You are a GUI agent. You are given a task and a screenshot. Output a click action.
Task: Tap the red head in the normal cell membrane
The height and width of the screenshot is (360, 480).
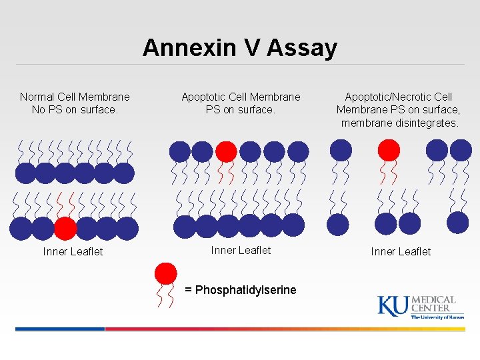(x=65, y=229)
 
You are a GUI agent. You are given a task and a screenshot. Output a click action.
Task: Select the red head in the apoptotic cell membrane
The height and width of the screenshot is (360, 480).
(x=226, y=151)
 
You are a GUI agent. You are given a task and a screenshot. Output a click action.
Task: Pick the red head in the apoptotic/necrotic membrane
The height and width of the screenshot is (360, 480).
(x=389, y=149)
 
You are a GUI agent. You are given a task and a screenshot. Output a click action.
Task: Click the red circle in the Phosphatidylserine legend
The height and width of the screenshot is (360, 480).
(x=165, y=273)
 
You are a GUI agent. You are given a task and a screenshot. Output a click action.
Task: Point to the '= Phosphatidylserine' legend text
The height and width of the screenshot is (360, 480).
(x=241, y=290)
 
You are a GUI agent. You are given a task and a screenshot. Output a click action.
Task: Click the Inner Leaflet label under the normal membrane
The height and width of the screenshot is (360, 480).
(x=73, y=251)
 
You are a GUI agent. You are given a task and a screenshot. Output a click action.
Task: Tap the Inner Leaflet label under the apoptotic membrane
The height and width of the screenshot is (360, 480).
(x=241, y=250)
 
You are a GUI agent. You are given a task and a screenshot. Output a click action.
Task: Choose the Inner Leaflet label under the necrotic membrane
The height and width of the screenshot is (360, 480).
(x=401, y=251)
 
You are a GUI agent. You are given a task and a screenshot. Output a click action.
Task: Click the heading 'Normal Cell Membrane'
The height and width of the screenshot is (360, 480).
(x=75, y=97)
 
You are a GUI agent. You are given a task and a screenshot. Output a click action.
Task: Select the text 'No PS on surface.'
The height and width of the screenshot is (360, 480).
(x=75, y=109)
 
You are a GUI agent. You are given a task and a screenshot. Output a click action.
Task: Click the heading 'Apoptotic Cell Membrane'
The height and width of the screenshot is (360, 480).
(x=241, y=97)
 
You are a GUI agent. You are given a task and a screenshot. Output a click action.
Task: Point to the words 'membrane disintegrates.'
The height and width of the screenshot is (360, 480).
(x=399, y=123)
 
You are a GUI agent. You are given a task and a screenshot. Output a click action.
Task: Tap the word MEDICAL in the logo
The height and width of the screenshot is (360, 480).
(x=433, y=300)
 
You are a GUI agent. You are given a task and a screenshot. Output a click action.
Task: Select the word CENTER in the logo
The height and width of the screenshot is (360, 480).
(x=430, y=309)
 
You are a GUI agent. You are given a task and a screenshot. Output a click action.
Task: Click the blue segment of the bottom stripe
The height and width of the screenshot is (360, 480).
(x=60, y=329)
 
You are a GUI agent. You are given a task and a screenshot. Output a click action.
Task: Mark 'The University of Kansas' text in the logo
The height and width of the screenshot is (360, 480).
(x=437, y=317)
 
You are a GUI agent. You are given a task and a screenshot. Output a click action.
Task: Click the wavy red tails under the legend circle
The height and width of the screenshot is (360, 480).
(x=165, y=296)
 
